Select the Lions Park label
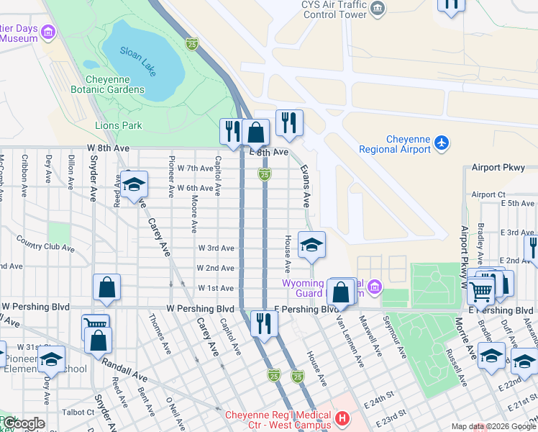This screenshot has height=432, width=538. tap(119, 125)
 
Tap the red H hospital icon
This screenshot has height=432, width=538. tap(342, 418)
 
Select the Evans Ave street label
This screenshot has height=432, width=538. tap(306, 184)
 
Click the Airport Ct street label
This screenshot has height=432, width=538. tap(488, 194)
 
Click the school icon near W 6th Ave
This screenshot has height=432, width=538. tap(134, 185)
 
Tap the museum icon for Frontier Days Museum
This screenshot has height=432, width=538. tap(48, 32)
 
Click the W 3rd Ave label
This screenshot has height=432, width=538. tap(216, 248)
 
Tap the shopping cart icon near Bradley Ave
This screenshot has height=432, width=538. tap(480, 291)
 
